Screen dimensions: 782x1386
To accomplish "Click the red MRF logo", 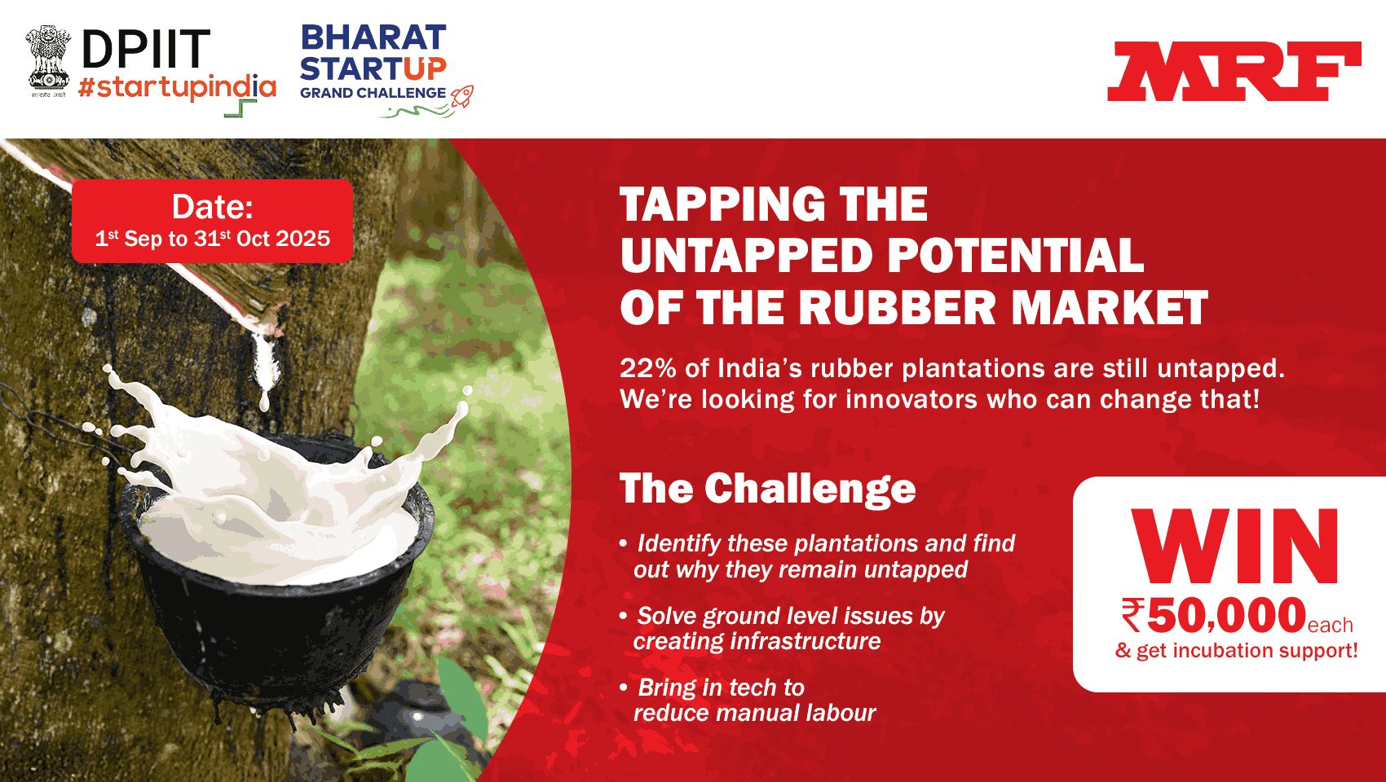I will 1234,72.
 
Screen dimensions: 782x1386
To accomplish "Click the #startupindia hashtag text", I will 177,87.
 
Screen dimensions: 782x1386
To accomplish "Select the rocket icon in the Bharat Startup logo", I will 462,97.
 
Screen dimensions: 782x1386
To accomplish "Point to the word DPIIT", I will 146,50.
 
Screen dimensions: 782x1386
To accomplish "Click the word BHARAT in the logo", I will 373,37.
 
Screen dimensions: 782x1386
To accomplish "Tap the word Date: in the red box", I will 213,207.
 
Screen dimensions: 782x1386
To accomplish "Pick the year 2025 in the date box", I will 302,239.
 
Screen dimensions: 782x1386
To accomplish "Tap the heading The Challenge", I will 767,489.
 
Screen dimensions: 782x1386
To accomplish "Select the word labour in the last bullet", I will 841,713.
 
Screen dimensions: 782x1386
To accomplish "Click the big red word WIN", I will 1235,547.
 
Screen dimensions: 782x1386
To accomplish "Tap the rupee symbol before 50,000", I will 1133,615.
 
